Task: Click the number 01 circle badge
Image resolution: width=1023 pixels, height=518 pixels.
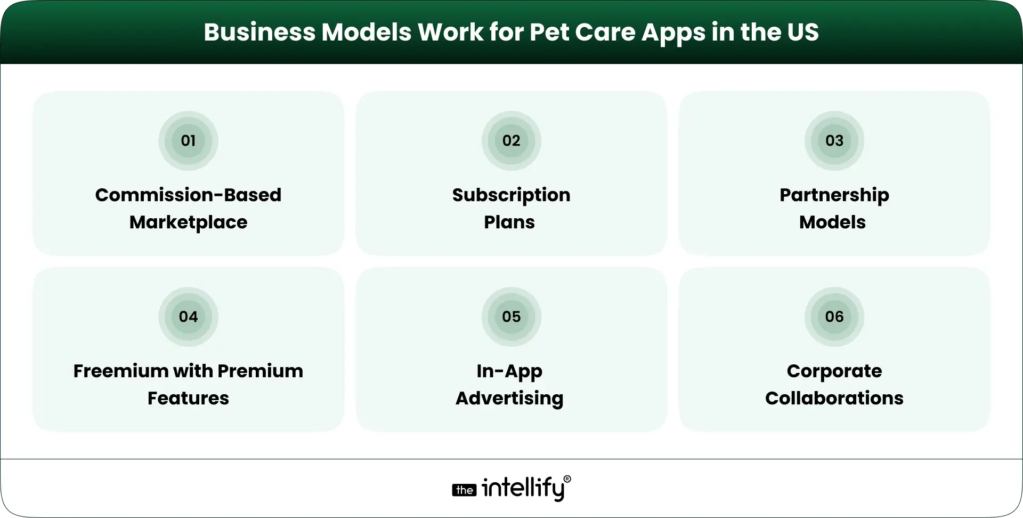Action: pyautogui.click(x=188, y=141)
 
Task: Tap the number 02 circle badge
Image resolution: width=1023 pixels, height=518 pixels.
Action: pyautogui.click(x=511, y=141)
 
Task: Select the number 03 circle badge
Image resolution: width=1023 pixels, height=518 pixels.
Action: pyautogui.click(x=834, y=141)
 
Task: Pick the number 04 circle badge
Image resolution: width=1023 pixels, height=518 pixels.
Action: pyautogui.click(x=188, y=317)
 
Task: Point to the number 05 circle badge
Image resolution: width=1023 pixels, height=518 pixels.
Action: pyautogui.click(x=511, y=317)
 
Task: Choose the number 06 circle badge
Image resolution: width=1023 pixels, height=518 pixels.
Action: pyautogui.click(x=834, y=317)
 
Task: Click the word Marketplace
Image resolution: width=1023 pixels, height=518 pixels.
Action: pyautogui.click(x=188, y=222)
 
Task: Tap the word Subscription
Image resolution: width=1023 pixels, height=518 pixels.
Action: pyautogui.click(x=511, y=195)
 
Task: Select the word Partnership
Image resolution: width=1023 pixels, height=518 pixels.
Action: pyautogui.click(x=834, y=195)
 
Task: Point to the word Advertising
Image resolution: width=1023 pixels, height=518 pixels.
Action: pyautogui.click(x=509, y=399)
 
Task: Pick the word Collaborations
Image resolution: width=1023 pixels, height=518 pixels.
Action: pyautogui.click(x=834, y=399)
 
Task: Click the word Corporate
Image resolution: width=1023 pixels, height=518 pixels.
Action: pyautogui.click(x=834, y=371)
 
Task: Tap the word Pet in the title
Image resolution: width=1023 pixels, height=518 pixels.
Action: pyautogui.click(x=549, y=33)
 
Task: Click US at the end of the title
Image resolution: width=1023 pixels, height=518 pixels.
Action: pyautogui.click(x=802, y=33)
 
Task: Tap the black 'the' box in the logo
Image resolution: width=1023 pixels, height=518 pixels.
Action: pyautogui.click(x=464, y=490)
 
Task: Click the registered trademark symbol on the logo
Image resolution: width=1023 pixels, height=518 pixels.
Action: pyautogui.click(x=567, y=479)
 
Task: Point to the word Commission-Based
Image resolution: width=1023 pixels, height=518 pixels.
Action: pyautogui.click(x=188, y=195)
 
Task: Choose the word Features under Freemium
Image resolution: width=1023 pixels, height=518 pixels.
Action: pyautogui.click(x=188, y=399)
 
